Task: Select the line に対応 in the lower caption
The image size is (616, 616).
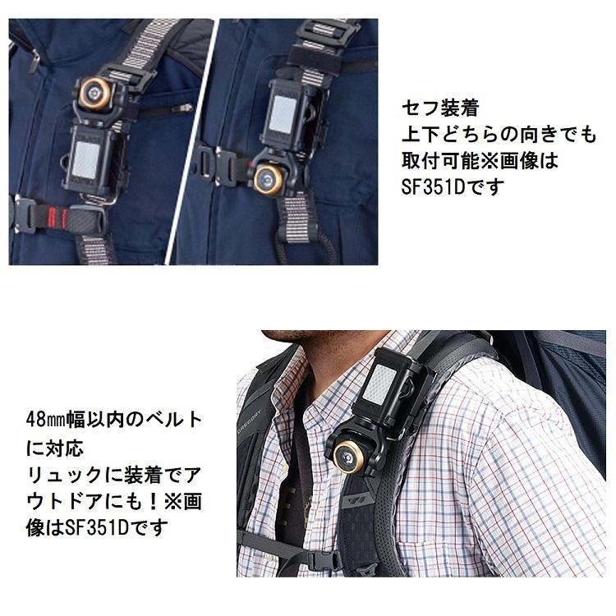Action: (55, 448)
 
